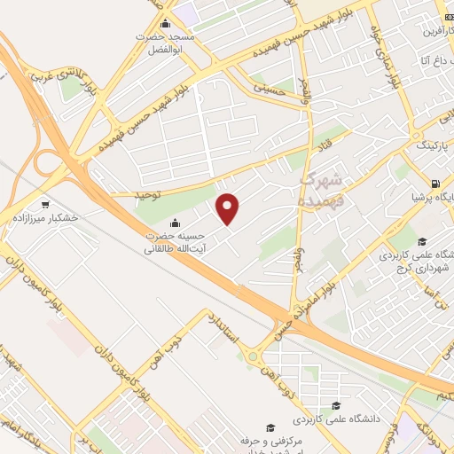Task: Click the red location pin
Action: coord(229,208)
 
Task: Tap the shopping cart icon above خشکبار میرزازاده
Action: coord(43,203)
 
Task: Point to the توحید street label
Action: coord(151,193)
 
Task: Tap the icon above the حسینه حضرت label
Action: coord(176,222)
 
